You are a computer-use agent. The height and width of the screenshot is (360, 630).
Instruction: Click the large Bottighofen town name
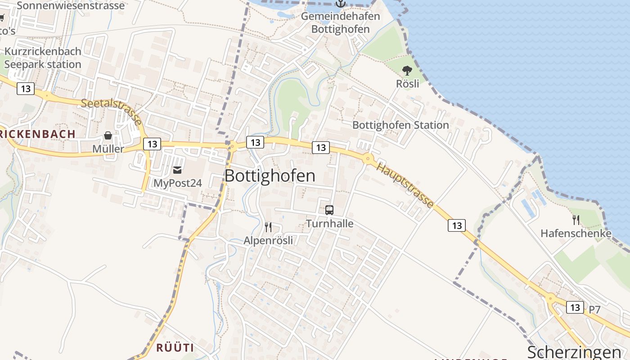[270, 176]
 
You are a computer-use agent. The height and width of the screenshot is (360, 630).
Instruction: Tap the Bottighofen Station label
[400, 125]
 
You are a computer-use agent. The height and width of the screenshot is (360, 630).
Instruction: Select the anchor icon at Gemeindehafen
[341, 4]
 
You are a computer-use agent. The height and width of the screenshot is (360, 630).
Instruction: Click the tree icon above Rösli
[407, 71]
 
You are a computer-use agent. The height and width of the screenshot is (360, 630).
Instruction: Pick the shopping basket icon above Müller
[108, 135]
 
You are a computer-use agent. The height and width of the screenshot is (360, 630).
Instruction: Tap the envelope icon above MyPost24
[177, 170]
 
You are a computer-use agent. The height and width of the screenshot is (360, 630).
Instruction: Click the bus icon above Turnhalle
[329, 210]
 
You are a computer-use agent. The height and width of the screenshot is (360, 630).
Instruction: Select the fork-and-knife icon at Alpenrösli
[268, 227]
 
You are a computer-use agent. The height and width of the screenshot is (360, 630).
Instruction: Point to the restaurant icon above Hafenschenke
[576, 220]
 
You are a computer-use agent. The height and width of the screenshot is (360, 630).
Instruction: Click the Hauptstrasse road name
[405, 185]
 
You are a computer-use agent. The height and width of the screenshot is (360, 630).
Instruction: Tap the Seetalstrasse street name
[112, 112]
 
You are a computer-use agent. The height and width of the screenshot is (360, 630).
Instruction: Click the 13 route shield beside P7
[575, 307]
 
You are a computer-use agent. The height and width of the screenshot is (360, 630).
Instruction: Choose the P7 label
[594, 310]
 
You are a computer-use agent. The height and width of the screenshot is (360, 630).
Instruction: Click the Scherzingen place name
[574, 352]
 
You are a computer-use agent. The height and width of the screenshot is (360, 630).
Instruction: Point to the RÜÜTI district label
[175, 347]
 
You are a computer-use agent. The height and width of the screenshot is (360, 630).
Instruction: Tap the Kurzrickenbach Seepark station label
[43, 58]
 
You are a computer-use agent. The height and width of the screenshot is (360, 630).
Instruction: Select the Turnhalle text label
[330, 224]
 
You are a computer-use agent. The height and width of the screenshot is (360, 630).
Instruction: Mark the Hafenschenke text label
[576, 234]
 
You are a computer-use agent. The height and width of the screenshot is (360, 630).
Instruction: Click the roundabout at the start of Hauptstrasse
[368, 158]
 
